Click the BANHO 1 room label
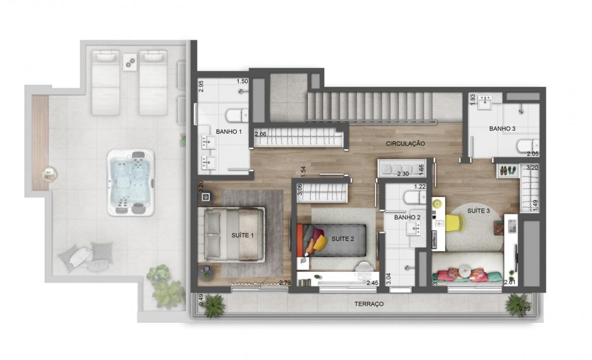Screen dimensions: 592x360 click(x=229, y=131)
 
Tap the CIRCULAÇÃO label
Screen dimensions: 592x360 click(x=405, y=143)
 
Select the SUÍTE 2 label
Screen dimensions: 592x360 click(x=343, y=239)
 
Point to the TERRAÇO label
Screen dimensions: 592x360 click(x=369, y=304)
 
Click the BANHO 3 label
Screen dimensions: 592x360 click(x=502, y=128)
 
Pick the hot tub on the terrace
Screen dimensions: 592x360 click(x=131, y=182)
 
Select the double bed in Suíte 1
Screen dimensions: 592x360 click(x=234, y=234)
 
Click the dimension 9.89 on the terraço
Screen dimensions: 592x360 click(x=525, y=309)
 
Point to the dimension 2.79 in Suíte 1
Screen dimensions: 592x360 click(x=285, y=282)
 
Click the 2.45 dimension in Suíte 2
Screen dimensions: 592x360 click(x=372, y=282)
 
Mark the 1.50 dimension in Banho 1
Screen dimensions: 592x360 click(x=242, y=81)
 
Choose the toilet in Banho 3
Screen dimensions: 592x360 click(x=528, y=146)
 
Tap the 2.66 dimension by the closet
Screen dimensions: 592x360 click(x=260, y=134)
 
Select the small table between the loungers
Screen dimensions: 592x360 click(x=130, y=61)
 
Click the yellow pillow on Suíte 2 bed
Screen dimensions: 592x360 click(x=320, y=243)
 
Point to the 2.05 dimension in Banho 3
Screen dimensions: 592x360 click(x=533, y=154)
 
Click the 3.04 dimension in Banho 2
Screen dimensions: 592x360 click(x=388, y=279)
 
